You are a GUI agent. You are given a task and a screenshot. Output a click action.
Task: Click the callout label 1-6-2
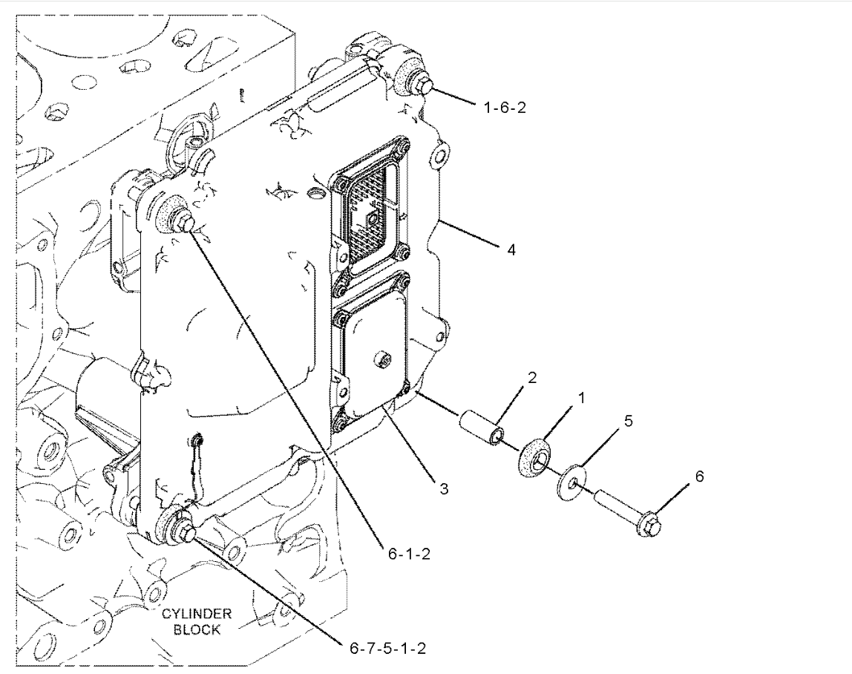(505, 108)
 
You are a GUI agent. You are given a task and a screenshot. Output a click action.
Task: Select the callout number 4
(511, 249)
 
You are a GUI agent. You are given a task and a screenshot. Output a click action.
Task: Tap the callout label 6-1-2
(409, 554)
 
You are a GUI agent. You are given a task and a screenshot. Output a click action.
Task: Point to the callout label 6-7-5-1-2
(387, 648)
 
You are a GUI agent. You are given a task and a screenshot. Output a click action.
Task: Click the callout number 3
(444, 489)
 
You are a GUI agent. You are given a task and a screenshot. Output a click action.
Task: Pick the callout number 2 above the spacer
(532, 377)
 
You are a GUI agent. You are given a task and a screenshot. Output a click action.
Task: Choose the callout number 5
(628, 421)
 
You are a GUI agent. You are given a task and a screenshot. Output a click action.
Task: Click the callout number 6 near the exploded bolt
(699, 476)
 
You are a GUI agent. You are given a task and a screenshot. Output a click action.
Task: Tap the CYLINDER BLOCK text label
(197, 621)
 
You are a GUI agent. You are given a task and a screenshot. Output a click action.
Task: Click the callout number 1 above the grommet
(581, 398)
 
